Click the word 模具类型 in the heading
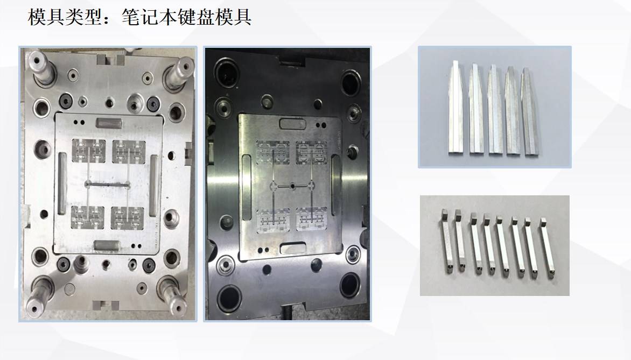pyautogui.click(x=65, y=17)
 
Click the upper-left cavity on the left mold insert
pyautogui.click(x=88, y=151)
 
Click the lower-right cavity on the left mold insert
pyautogui.click(x=127, y=218)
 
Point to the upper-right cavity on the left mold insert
pyautogui.click(x=129, y=152)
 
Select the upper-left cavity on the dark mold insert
pyautogui.click(x=273, y=153)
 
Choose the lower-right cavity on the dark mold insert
pyautogui.click(x=312, y=219)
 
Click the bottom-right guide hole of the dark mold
pyautogui.click(x=349, y=285)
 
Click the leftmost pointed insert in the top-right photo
pyautogui.click(x=455, y=108)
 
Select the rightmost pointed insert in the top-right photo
pyautogui.click(x=529, y=111)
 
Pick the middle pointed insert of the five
pyautogui.click(x=494, y=109)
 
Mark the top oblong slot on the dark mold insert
pyautogui.click(x=292, y=123)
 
